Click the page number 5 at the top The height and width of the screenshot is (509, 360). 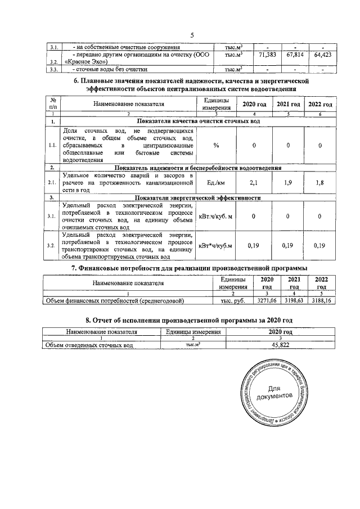point(192,35)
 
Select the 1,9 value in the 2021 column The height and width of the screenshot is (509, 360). point(288,182)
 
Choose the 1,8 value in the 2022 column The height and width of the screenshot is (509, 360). point(319,182)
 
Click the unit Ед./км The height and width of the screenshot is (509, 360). point(216,182)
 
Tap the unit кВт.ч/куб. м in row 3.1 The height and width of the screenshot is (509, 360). point(216,216)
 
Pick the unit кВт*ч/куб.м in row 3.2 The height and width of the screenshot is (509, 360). point(216,245)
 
